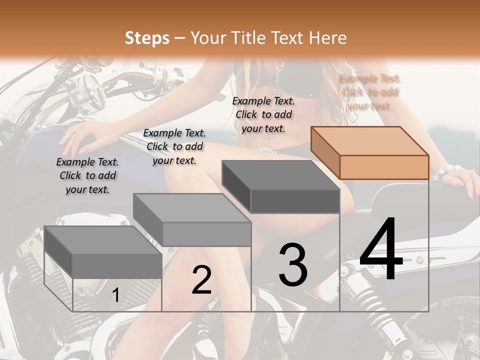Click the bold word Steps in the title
tap(147, 38)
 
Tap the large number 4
tap(381, 250)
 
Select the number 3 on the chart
tap(293, 264)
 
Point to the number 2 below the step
tap(201, 280)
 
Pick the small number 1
tap(115, 295)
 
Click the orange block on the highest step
tap(370, 153)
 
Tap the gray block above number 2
tap(192, 220)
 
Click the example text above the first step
tap(87, 175)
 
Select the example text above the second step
tap(174, 146)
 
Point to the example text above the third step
tap(263, 114)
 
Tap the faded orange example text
tap(369, 92)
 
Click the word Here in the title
tap(328, 38)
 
